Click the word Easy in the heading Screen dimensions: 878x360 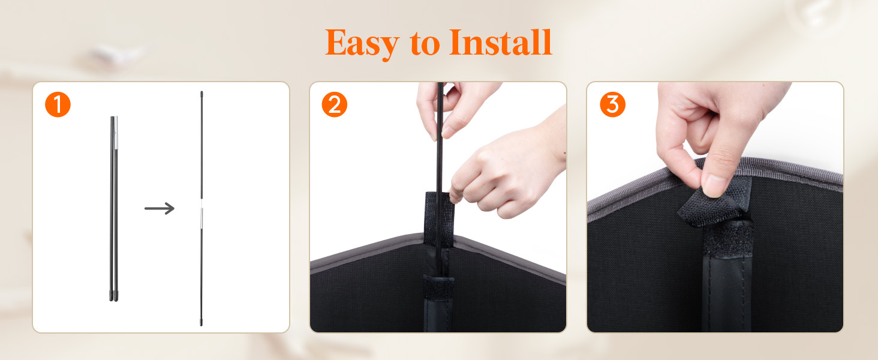(x=362, y=43)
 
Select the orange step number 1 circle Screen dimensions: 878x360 (x=58, y=105)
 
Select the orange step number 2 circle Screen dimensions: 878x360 (x=334, y=105)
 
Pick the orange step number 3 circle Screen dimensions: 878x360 (x=613, y=105)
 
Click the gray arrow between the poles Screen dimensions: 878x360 (x=159, y=208)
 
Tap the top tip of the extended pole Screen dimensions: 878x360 (x=202, y=92)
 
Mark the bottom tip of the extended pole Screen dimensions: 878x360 (x=201, y=325)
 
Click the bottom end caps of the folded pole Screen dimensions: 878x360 (x=114, y=296)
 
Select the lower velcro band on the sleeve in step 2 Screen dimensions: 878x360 (x=438, y=288)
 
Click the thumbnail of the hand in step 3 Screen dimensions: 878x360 (x=714, y=185)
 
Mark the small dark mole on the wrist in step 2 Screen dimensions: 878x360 (x=565, y=152)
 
